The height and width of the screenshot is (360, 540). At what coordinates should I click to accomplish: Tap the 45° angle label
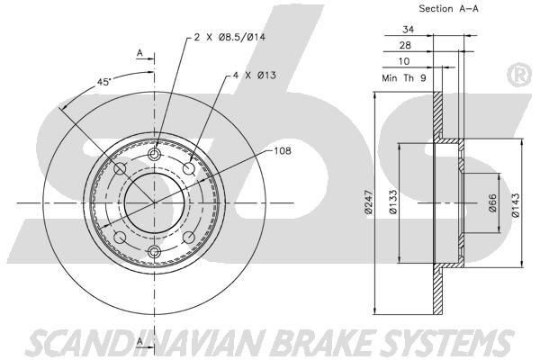(104, 83)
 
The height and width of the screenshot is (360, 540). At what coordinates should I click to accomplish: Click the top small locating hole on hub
(154, 157)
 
